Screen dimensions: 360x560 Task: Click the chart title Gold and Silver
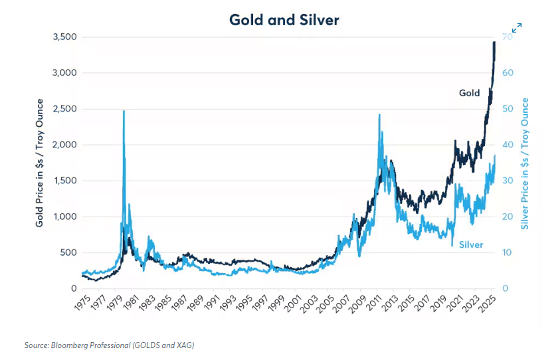click(284, 20)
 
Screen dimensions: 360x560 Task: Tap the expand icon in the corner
click(516, 28)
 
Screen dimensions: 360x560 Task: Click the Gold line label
click(469, 93)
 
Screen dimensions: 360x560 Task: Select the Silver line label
click(470, 245)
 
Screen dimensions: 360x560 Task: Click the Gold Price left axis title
click(41, 163)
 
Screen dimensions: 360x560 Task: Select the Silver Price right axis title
click(525, 163)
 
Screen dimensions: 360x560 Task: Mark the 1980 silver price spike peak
click(124, 112)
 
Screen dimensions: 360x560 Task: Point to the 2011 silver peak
click(379, 115)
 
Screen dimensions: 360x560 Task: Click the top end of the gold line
click(494, 43)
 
